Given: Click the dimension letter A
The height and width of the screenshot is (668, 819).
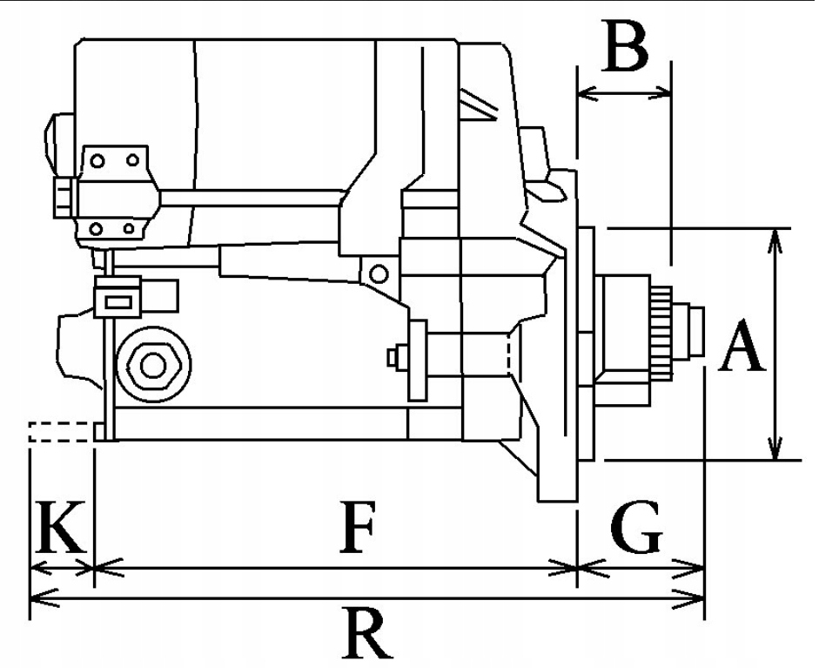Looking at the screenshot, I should [x=741, y=347].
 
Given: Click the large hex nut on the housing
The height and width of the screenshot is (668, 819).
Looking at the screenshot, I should [x=153, y=366].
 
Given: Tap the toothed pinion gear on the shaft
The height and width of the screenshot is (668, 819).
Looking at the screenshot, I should [x=663, y=332].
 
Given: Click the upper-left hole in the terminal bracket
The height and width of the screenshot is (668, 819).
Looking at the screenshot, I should [x=98, y=161].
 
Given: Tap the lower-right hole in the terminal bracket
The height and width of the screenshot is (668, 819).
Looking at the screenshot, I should [x=129, y=229].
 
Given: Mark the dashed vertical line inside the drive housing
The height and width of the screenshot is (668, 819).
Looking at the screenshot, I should [x=508, y=354].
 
